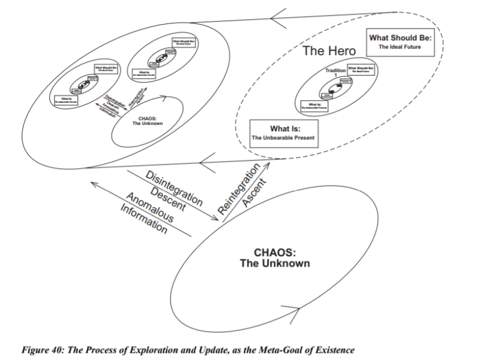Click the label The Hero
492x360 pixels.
329,50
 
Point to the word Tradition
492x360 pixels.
335,71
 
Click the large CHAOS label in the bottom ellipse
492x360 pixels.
275,257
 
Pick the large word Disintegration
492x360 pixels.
173,185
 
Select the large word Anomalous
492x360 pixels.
149,208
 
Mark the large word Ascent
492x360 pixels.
254,191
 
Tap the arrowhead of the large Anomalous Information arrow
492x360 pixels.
91,184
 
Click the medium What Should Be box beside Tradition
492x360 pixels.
361,70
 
